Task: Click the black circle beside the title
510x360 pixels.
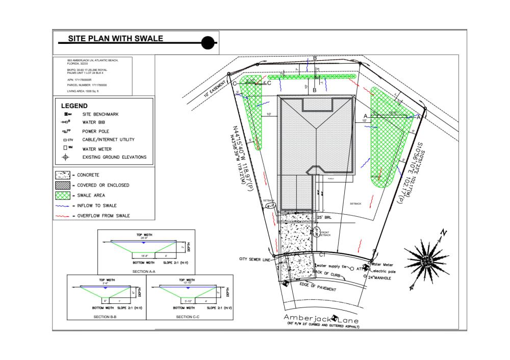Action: [208, 43]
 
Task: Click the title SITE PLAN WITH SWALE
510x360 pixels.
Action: [116, 39]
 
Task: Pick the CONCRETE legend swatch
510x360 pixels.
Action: [63, 175]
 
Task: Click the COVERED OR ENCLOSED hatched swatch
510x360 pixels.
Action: [63, 185]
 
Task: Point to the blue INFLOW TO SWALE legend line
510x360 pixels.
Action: [62, 205]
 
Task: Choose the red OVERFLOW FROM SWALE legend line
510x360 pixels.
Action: [62, 216]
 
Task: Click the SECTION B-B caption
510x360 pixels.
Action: [105, 317]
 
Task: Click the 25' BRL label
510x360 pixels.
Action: [324, 218]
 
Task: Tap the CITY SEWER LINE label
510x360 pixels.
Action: [257, 259]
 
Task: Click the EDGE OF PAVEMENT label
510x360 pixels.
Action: [317, 287]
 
